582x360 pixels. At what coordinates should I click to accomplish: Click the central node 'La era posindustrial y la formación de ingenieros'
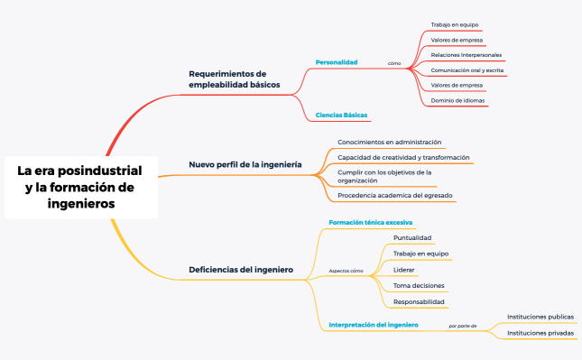79,187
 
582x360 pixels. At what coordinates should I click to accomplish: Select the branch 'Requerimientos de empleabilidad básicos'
234,78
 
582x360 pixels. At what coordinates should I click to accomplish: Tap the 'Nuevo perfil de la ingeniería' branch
245,165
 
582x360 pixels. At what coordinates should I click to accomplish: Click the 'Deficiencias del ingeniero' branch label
240,269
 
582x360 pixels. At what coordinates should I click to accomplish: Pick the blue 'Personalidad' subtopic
336,62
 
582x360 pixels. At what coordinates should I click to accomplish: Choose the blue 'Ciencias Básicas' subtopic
341,115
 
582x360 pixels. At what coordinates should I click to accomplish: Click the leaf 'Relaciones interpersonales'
467,55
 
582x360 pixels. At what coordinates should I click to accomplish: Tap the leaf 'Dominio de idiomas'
457,100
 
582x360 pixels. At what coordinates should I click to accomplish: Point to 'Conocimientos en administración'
389,143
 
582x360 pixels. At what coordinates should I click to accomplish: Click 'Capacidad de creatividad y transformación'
403,157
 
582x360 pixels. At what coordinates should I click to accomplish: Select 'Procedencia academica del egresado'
395,195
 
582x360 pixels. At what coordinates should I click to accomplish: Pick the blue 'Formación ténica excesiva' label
371,222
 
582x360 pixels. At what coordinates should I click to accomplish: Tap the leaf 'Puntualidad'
412,238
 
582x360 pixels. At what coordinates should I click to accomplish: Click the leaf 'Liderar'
404,270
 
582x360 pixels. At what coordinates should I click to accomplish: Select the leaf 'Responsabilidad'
419,301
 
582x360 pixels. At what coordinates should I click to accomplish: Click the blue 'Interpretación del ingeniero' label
373,324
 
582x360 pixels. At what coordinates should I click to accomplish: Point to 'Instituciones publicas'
540,317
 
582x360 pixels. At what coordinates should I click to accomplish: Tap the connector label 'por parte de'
462,325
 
